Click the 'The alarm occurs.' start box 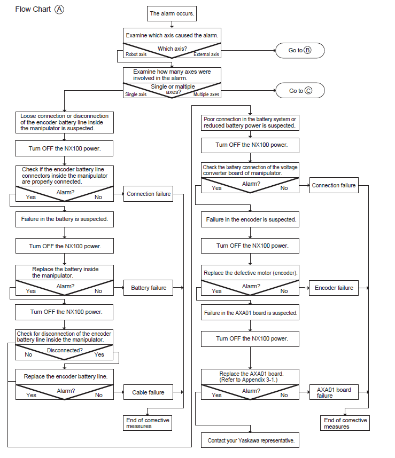[x=172, y=13]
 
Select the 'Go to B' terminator [x=300, y=50]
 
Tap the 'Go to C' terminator [x=300, y=91]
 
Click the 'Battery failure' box [x=148, y=288]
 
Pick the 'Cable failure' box [x=148, y=392]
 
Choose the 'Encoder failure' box [x=334, y=288]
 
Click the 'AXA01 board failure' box [x=334, y=392]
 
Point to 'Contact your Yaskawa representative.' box [x=250, y=440]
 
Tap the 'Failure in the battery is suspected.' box [x=65, y=219]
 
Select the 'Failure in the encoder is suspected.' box [x=250, y=219]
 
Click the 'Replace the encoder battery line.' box [x=65, y=377]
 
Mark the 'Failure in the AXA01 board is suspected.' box [x=250, y=312]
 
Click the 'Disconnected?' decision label [x=65, y=350]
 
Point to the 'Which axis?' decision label [x=172, y=49]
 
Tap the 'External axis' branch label [x=206, y=54]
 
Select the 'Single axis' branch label [x=136, y=94]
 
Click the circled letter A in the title [x=59, y=10]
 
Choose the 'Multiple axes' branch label [x=206, y=94]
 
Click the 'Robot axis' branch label [x=136, y=54]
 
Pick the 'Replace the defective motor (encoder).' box [x=250, y=273]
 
